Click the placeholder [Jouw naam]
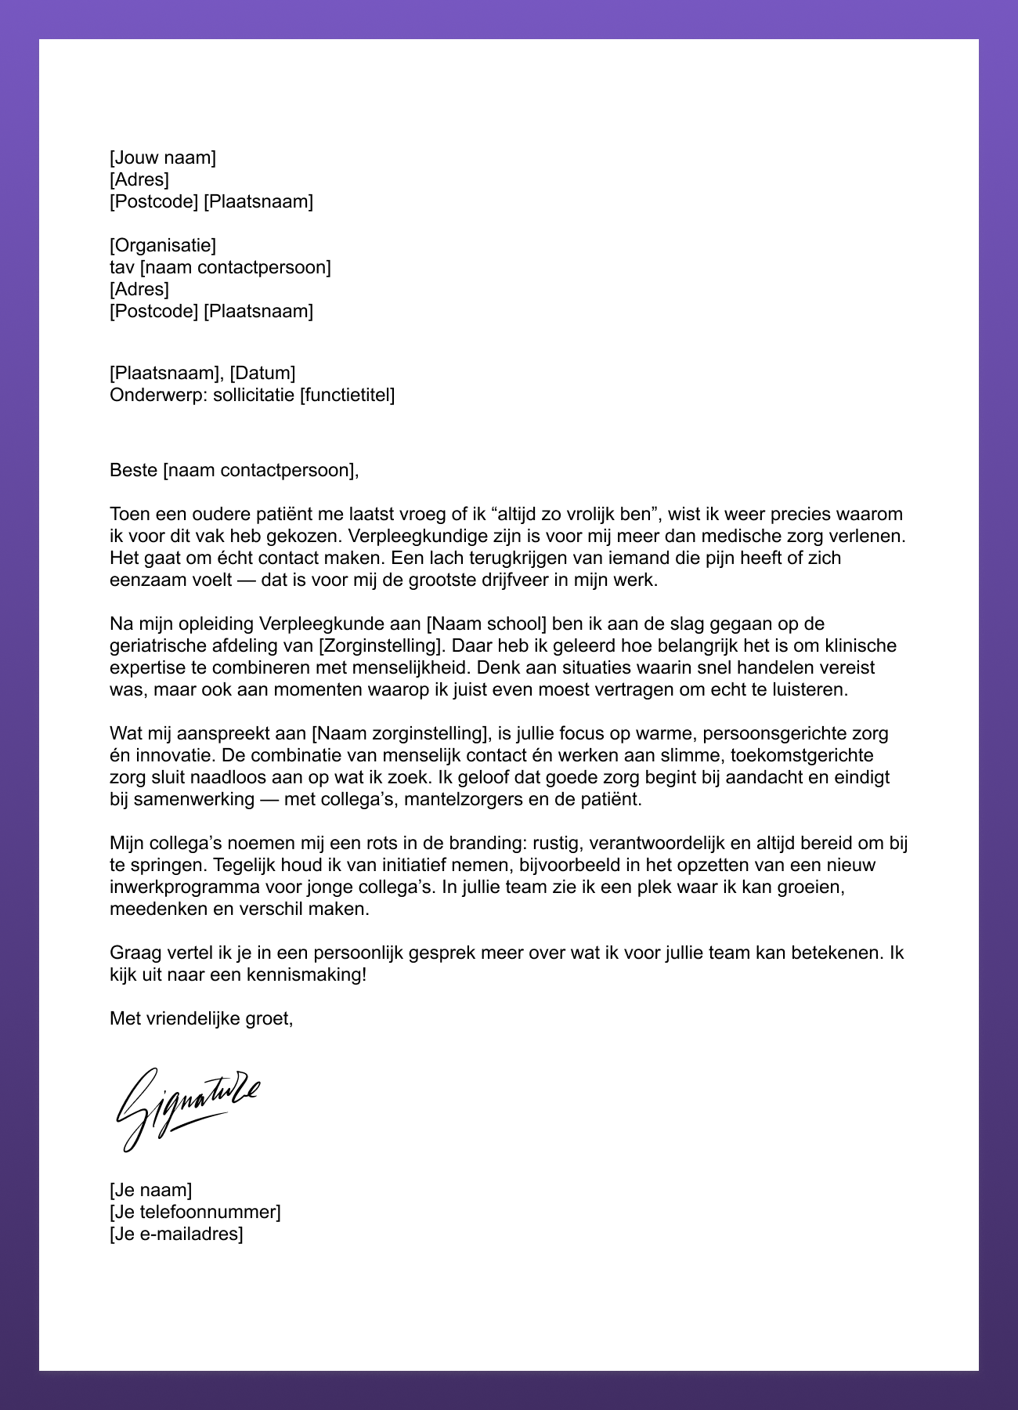pos(163,157)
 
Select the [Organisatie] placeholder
pos(163,245)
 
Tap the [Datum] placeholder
pos(262,373)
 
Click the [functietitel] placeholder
pos(347,395)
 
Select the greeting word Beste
pos(134,470)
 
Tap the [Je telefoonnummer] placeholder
pos(195,1212)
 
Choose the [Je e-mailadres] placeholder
pos(176,1234)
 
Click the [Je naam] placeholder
pos(150,1190)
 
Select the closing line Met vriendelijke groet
pos(201,1018)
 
